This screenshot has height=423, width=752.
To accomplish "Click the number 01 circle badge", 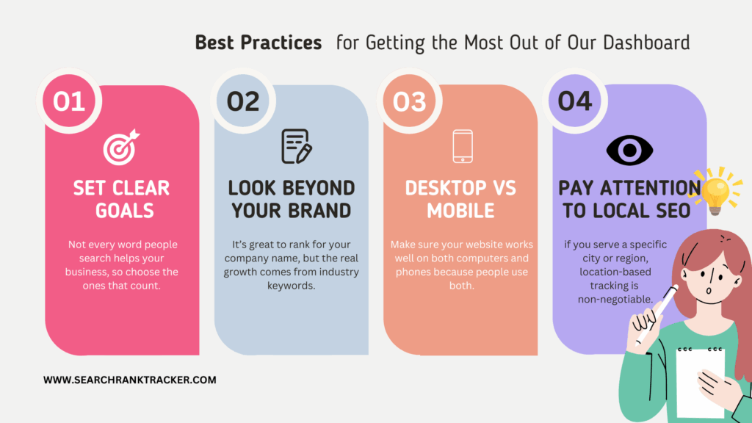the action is click(69, 101).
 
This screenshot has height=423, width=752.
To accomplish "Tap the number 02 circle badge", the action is click(243, 101).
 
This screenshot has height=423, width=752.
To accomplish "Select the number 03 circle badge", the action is click(409, 101).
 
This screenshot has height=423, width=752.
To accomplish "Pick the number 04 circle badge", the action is click(575, 101).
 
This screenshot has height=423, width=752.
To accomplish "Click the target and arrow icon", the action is click(121, 147).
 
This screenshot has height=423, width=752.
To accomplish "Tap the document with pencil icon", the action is click(296, 146).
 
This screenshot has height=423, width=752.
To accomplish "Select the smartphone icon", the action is click(463, 146).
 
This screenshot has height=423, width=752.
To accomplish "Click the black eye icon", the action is click(629, 150).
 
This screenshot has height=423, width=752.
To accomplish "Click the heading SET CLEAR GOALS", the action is click(122, 199).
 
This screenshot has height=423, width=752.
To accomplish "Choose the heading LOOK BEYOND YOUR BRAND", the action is click(291, 199).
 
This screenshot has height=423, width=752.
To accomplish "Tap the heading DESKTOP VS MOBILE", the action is click(460, 199).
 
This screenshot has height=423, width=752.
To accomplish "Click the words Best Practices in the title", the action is click(258, 43).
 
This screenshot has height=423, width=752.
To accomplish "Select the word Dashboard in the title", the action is click(646, 43).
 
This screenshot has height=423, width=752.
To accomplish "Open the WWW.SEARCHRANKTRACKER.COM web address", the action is click(129, 380).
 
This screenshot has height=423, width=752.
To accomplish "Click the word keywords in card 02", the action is click(291, 286).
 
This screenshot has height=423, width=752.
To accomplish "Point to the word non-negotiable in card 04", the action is click(615, 300).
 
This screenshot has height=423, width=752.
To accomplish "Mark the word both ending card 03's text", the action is click(461, 286).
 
